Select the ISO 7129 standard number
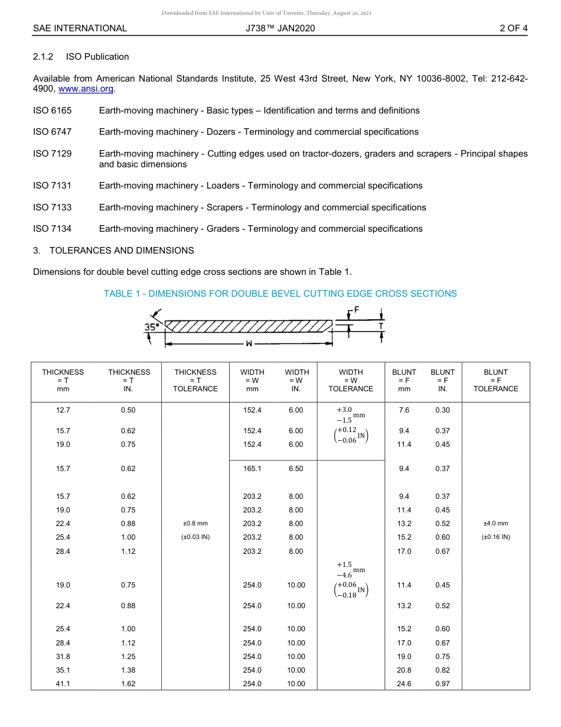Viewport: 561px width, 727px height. coord(52,154)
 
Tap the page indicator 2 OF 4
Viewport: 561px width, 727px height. coord(513,28)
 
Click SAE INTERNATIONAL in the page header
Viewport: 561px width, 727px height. coord(80,28)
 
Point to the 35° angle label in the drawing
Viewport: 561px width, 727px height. coord(151,326)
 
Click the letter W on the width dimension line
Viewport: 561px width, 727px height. coord(249,343)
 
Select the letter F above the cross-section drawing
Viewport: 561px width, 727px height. coord(357,310)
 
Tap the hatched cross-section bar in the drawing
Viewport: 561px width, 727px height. coord(248,326)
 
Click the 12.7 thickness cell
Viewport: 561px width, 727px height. coord(63,410)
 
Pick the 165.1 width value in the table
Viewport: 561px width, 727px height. coord(252,469)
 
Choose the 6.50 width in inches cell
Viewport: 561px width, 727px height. coord(296,469)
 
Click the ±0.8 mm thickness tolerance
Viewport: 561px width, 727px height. coord(195,524)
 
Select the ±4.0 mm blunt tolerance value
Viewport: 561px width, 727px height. coord(495,524)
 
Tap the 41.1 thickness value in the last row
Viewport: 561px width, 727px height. coord(63,684)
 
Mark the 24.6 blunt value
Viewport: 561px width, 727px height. coord(404,684)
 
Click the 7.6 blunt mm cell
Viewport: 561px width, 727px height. coord(404,410)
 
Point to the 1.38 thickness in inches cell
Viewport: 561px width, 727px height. coord(128,670)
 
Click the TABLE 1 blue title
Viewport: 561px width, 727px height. coord(280,294)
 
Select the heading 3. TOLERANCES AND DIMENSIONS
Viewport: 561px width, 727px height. coord(113,251)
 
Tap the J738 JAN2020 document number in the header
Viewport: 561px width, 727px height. coord(280,28)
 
